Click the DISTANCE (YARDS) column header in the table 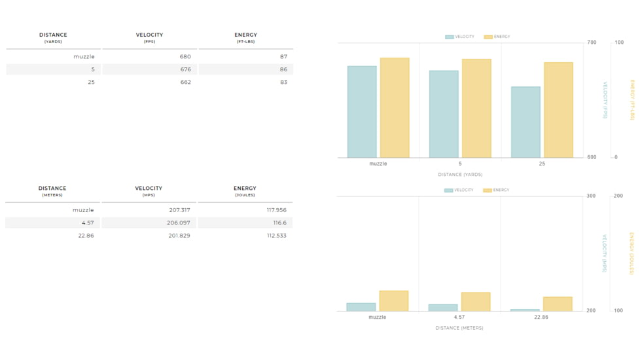53,37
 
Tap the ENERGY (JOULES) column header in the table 245,191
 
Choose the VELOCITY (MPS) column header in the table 149,191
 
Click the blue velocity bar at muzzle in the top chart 362,111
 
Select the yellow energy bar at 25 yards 558,110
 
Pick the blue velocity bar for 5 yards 444,114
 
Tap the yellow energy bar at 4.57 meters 476,302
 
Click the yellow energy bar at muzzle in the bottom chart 394,301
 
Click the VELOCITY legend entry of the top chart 460,37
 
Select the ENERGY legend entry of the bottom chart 497,190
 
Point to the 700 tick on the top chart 592,43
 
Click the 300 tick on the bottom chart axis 591,196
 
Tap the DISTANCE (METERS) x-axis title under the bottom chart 459,328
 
